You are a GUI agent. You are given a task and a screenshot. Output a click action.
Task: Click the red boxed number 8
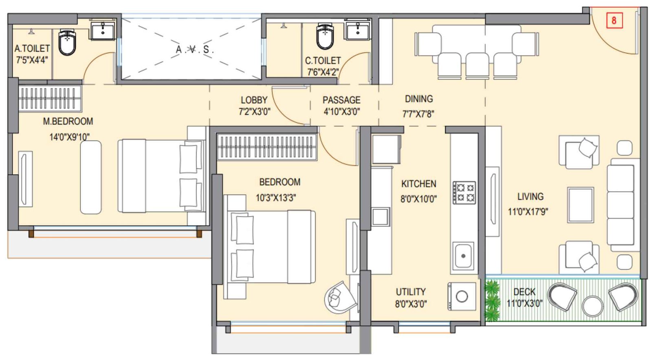tap(614, 20)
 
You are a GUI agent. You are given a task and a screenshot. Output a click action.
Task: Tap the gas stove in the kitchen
tap(464, 193)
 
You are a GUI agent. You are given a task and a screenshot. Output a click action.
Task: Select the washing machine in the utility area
tap(462, 296)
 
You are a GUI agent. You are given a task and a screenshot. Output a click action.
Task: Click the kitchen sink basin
tap(463, 256)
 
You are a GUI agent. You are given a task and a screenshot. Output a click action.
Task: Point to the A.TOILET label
tap(32, 48)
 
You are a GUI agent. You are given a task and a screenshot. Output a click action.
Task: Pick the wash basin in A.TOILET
tap(103, 31)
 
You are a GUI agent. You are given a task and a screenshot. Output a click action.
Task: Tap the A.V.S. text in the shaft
tap(194, 50)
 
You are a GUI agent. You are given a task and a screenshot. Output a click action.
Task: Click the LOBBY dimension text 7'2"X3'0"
tap(254, 112)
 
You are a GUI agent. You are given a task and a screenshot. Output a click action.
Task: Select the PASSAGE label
tap(341, 100)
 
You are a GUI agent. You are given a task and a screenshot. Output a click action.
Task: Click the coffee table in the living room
tap(580, 204)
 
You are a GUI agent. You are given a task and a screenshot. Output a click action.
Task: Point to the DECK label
tap(524, 292)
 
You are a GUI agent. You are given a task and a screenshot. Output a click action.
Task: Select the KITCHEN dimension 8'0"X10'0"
tap(419, 199)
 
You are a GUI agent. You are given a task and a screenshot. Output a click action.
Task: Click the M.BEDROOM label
tap(68, 121)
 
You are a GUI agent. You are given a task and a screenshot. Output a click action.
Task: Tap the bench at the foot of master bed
tap(90, 177)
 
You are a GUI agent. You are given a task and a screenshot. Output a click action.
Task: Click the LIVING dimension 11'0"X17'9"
tap(528, 212)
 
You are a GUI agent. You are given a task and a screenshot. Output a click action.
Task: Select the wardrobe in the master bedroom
tap(49, 98)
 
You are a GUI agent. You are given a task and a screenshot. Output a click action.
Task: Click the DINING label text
tap(419, 99)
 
